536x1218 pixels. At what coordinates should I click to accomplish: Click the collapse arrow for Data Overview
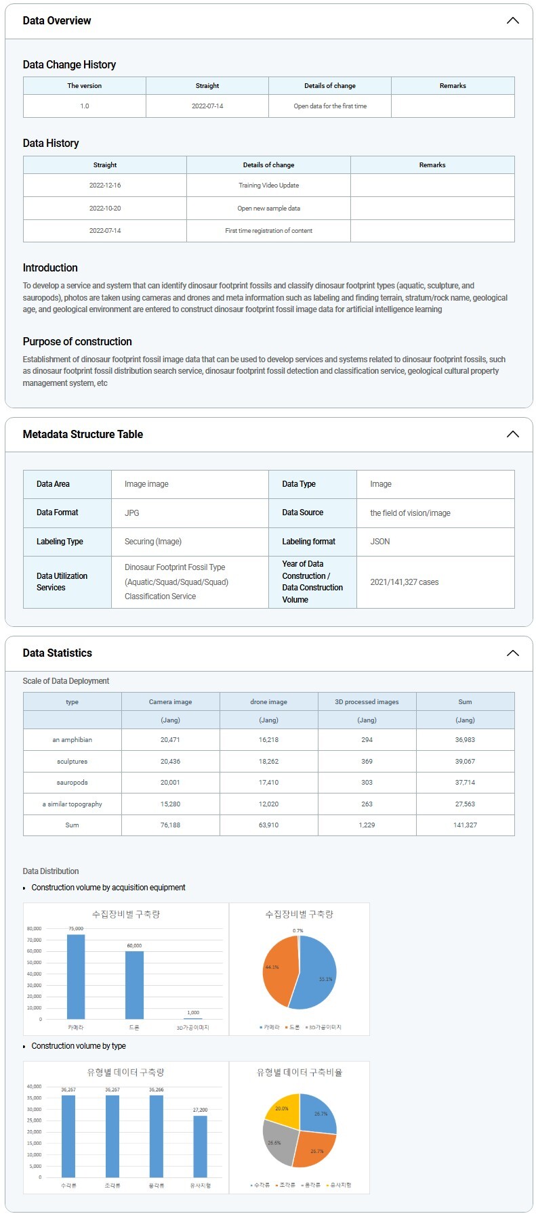click(x=513, y=20)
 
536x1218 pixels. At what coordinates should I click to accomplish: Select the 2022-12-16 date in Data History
click(x=105, y=186)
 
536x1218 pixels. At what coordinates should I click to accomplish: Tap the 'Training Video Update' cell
click(x=268, y=186)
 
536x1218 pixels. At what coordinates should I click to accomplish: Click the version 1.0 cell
click(x=85, y=106)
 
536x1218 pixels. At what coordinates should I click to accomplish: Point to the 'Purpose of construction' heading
click(x=77, y=342)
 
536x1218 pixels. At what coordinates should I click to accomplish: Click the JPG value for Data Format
click(x=132, y=513)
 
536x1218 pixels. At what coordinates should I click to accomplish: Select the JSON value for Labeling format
click(x=380, y=542)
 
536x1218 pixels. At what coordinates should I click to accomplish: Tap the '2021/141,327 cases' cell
click(x=405, y=582)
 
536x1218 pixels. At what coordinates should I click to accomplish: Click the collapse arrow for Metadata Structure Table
click(x=513, y=434)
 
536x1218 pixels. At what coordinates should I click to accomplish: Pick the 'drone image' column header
click(x=268, y=702)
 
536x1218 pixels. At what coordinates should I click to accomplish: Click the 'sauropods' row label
click(x=72, y=783)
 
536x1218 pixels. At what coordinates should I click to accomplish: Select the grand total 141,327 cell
click(x=465, y=825)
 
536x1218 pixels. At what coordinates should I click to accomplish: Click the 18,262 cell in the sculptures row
click(x=268, y=762)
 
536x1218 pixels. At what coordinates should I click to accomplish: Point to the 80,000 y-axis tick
click(x=34, y=929)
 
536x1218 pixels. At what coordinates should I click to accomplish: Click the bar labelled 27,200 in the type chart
click(x=200, y=1146)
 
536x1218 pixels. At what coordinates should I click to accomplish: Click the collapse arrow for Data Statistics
click(x=513, y=653)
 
